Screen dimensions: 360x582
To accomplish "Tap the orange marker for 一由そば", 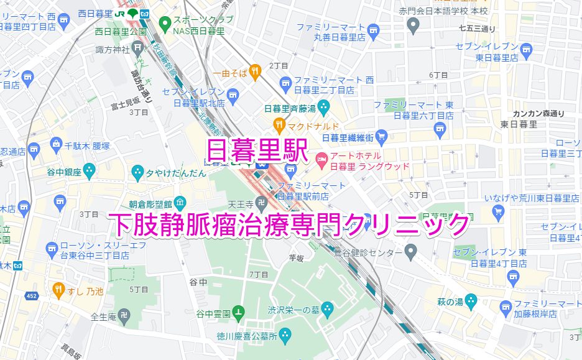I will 255,73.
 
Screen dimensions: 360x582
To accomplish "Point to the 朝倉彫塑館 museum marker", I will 180,202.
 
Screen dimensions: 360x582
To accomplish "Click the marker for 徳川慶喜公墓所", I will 285,337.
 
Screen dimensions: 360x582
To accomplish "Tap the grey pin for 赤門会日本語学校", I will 413,25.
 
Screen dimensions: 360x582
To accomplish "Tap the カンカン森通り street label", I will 538,113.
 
